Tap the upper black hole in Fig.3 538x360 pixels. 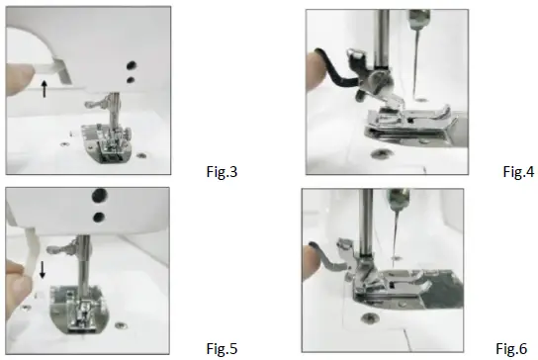pyautogui.click(x=130, y=60)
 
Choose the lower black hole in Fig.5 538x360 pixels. pyautogui.click(x=98, y=214)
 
